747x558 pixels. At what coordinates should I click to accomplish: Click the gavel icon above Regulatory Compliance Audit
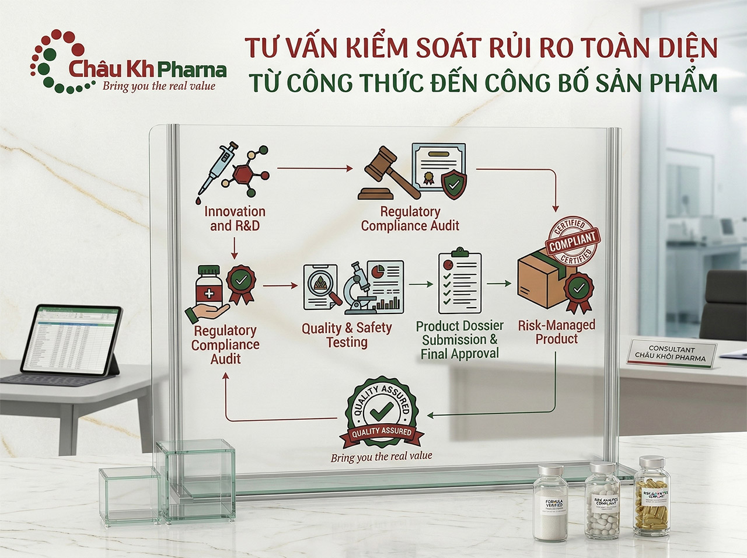point(385,172)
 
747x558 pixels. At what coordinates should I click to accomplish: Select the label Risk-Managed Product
point(556,332)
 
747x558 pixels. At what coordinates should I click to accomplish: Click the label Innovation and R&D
point(235,218)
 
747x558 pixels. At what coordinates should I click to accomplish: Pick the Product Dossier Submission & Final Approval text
point(460,340)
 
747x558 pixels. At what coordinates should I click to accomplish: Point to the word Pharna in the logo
point(192,70)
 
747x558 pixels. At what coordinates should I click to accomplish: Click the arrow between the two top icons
point(315,169)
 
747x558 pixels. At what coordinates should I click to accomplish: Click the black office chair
point(727,309)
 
